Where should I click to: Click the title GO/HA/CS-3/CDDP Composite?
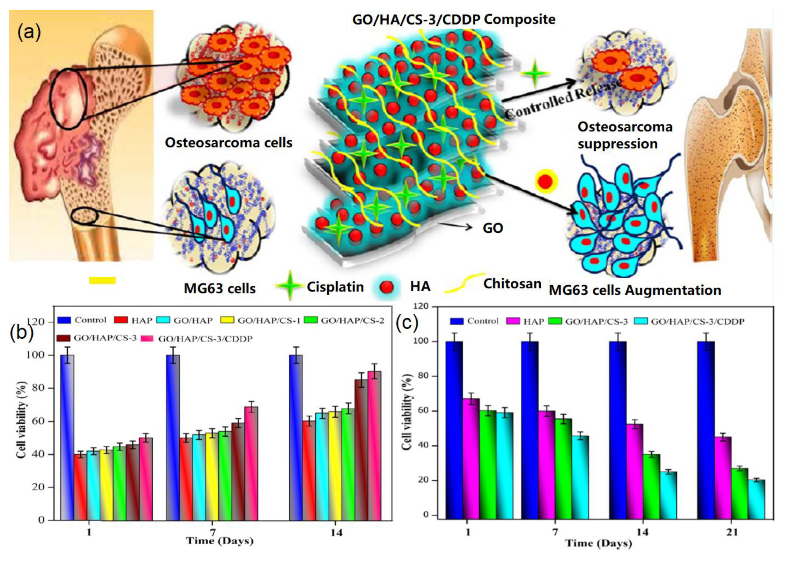453,19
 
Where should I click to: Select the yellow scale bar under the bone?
102,280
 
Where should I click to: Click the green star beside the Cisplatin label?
290,286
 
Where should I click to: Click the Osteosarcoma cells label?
228,143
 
